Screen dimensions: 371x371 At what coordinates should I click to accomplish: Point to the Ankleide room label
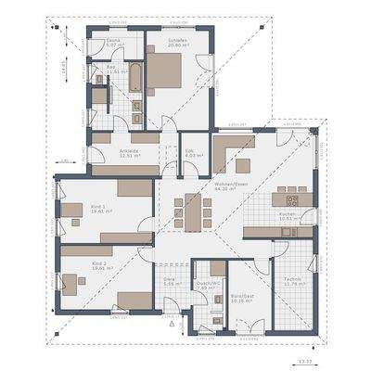point(129,152)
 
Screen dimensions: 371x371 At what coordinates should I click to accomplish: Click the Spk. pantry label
point(189,152)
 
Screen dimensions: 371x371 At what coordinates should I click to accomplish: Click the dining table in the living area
point(195,211)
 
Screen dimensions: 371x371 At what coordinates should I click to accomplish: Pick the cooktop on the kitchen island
point(291,199)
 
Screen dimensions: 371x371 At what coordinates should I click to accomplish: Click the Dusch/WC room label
point(207,286)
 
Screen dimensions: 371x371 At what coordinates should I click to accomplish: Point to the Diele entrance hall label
point(170,281)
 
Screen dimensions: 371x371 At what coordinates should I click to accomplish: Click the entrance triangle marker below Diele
point(172,326)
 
